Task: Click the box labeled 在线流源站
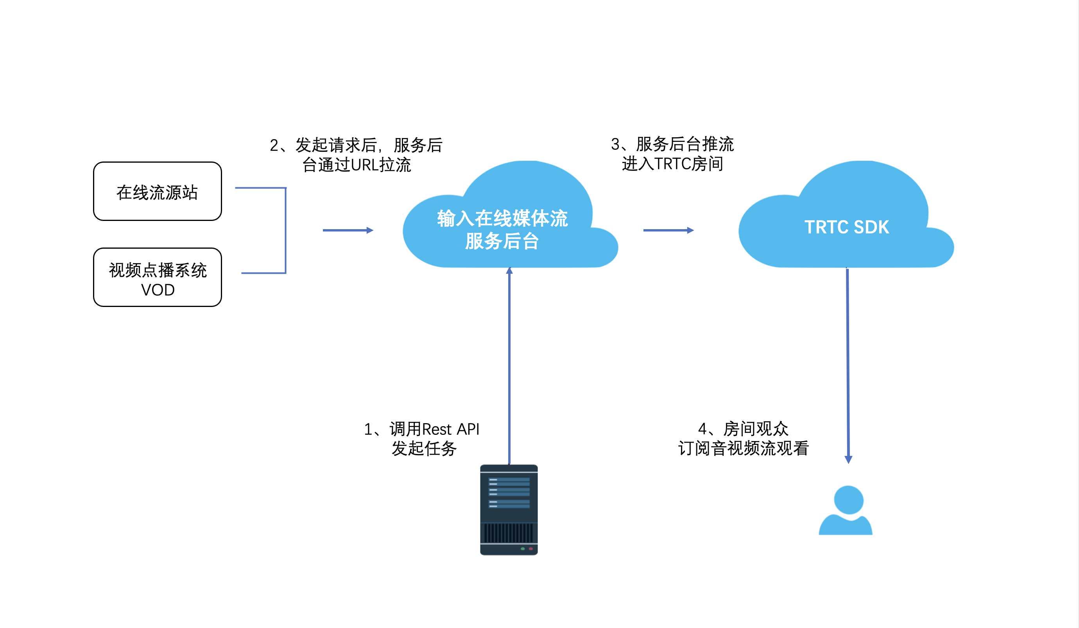(x=158, y=192)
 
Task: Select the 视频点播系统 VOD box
(x=158, y=278)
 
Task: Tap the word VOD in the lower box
(x=158, y=290)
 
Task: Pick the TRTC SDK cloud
(x=846, y=227)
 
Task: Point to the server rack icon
(x=509, y=510)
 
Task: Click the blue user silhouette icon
(x=846, y=512)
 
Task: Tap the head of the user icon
(x=849, y=499)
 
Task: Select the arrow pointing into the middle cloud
(x=348, y=230)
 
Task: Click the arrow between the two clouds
(x=668, y=230)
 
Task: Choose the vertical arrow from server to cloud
(x=509, y=364)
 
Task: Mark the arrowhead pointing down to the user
(x=848, y=459)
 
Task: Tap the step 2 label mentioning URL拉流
(x=356, y=155)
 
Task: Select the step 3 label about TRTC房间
(x=672, y=154)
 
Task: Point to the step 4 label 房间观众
(x=743, y=438)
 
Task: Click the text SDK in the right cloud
(x=871, y=227)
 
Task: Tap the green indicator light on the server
(x=523, y=549)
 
